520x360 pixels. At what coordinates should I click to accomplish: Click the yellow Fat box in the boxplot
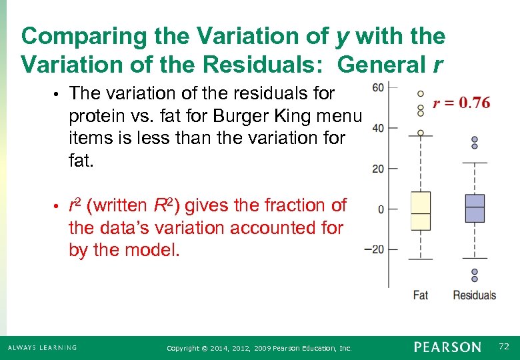coord(420,211)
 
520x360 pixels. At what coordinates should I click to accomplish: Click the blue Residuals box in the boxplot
coord(475,208)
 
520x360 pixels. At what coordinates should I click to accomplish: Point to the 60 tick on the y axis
coord(378,87)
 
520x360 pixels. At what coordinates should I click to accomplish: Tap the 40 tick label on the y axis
coord(378,128)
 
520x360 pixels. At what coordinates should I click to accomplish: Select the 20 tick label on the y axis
coord(378,169)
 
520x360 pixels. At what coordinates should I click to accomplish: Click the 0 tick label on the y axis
coord(381,209)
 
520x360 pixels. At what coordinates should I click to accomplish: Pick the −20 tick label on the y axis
coord(375,250)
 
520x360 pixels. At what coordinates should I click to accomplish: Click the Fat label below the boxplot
coord(420,295)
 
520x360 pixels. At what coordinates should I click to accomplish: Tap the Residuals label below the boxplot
coord(474,295)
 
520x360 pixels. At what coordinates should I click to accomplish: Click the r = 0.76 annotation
coord(461,103)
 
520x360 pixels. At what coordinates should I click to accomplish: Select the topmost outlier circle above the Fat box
coord(420,93)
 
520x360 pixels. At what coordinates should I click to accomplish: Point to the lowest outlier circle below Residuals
coord(475,279)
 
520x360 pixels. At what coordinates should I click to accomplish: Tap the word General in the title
coord(376,65)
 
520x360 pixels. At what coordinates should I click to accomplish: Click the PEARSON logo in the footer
coord(447,347)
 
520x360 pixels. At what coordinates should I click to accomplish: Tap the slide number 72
coord(503,347)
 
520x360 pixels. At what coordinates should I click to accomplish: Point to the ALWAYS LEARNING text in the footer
coord(42,347)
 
